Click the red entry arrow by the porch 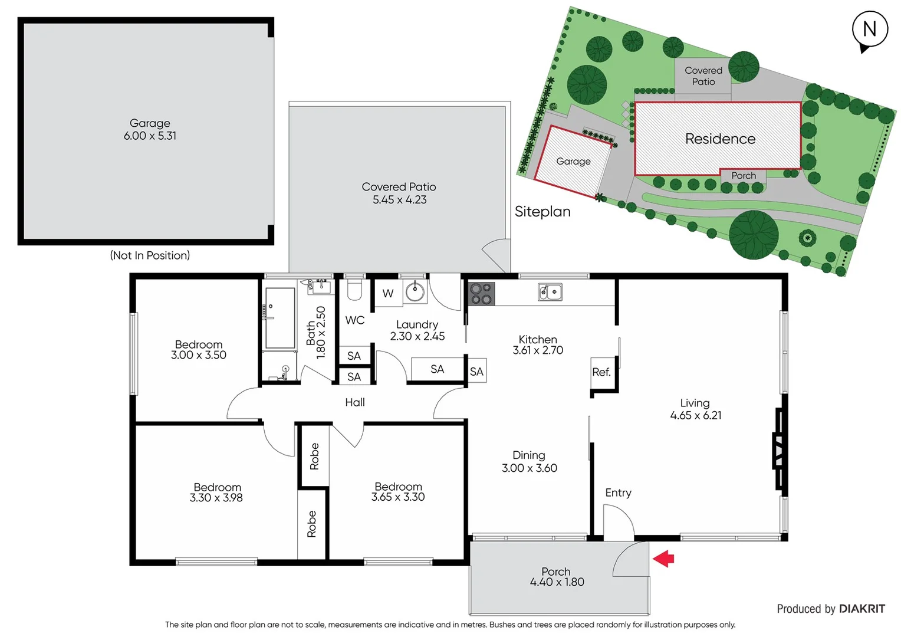[664, 558]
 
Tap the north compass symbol [869, 30]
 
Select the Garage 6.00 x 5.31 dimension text [150, 136]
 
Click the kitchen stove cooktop [481, 293]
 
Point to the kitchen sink [550, 291]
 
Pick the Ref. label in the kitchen [601, 372]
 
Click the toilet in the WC [354, 290]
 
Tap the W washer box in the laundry [388, 293]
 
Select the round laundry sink [415, 291]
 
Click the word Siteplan [542, 211]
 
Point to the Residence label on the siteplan [720, 139]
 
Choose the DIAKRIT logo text [861, 609]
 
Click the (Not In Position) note [150, 255]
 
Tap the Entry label [618, 492]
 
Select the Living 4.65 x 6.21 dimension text [696, 415]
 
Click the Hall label [355, 402]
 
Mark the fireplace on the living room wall [779, 449]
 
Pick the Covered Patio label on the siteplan [703, 76]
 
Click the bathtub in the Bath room [280, 318]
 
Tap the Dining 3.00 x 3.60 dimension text [530, 468]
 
